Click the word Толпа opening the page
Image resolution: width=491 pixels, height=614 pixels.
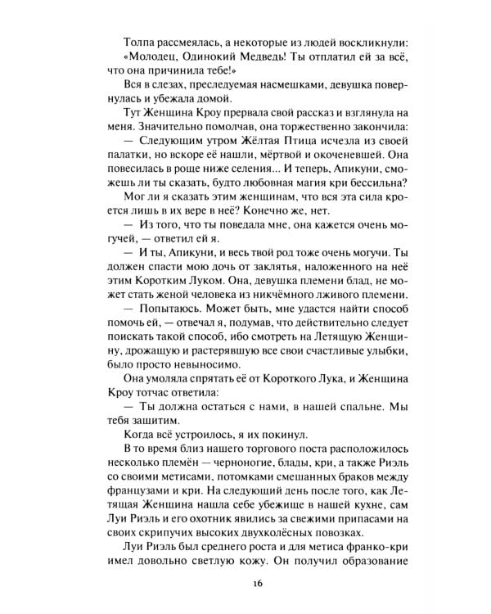pyautogui.click(x=138, y=42)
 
